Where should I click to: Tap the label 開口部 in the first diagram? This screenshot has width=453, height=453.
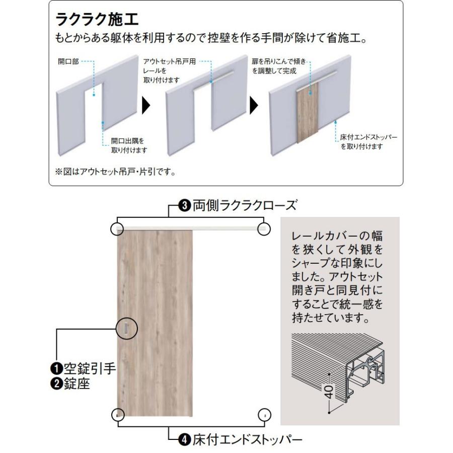68,62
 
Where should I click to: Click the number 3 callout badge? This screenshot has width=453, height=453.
185,205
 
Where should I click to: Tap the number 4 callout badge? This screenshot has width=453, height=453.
185,439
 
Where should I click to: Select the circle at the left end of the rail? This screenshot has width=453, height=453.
117,229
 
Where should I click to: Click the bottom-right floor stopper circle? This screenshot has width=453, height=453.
264,415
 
